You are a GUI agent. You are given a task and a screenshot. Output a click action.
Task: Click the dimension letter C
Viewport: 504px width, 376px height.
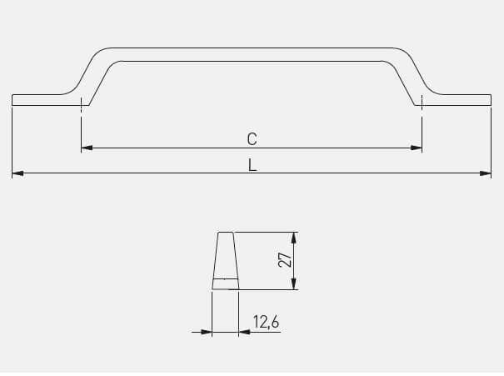coord(252,139)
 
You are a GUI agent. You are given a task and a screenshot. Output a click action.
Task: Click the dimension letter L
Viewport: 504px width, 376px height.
coord(252,165)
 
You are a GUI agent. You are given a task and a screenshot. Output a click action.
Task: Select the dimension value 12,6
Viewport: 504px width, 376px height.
coord(265,322)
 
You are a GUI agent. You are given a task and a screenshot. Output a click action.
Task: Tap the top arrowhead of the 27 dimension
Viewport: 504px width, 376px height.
coord(295,237)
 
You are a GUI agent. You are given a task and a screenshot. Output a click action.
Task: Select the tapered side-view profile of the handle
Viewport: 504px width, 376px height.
coord(225,261)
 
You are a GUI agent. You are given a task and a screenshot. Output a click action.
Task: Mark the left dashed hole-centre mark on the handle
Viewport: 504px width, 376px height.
coord(81,104)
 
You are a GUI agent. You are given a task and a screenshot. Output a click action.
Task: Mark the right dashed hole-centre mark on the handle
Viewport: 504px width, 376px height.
coord(422,104)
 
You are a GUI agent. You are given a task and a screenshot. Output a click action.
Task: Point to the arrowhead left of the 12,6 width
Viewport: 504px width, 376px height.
coord(207,332)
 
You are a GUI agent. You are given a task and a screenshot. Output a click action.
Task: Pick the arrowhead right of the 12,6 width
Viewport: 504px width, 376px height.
coord(244,332)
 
